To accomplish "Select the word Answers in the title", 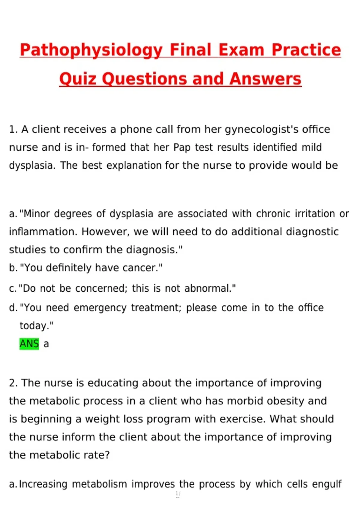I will [x=265, y=79].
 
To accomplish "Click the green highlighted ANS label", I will [x=29, y=344].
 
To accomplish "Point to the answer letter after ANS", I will [x=46, y=344].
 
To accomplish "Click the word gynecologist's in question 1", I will [x=261, y=130].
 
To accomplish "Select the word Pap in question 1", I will [x=182, y=148].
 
